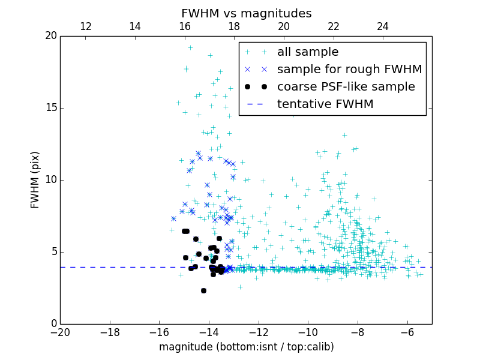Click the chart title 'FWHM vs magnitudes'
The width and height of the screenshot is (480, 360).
coord(246,13)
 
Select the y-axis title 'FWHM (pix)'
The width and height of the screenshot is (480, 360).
coord(35,180)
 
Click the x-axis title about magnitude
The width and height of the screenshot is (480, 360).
coord(246,347)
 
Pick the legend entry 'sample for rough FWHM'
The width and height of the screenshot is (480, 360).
coord(349,70)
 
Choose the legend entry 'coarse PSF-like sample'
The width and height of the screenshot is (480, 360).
coord(346,87)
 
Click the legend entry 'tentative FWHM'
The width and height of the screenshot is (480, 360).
coord(325,104)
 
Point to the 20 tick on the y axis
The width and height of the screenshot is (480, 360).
coord(50,36)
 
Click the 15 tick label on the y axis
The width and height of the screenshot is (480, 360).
coord(50,108)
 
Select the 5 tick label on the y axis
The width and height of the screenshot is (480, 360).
coord(53,252)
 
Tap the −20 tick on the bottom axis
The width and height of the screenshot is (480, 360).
coord(60,332)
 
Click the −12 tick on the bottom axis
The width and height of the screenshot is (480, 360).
coord(258,332)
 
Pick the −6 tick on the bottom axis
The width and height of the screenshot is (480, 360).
coord(407,332)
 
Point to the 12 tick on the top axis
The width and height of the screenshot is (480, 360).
coord(85,26)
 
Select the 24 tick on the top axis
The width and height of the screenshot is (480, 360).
coord(383,26)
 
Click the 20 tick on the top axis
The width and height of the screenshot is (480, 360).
coord(284,26)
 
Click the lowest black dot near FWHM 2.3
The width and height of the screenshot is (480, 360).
coord(203,290)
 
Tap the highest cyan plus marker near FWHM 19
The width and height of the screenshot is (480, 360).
coord(190,47)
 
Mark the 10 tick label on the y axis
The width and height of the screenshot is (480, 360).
coord(50,180)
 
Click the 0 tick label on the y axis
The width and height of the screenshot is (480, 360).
coord(53,324)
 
